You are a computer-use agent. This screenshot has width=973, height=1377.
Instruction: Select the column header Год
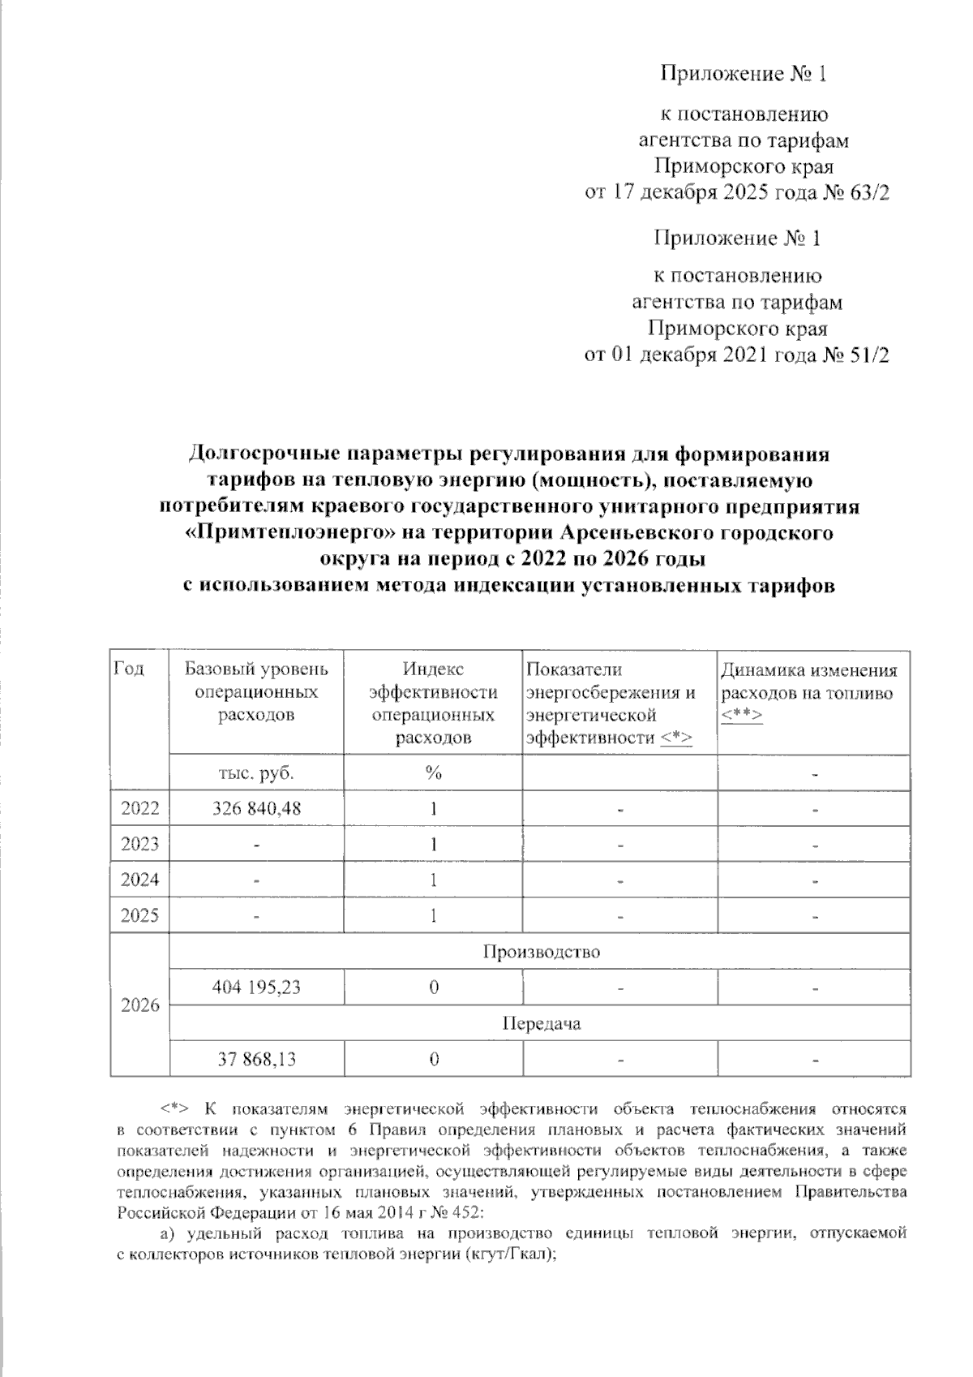[x=129, y=669]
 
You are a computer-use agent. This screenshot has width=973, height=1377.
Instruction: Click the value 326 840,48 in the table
[x=255, y=808]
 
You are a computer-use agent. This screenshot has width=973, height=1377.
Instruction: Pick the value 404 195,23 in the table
[x=255, y=987]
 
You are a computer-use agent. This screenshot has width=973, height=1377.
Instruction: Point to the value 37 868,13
[x=255, y=1058]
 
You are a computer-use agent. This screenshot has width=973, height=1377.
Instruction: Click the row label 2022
[x=139, y=808]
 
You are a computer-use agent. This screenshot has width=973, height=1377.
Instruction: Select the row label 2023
[x=139, y=844]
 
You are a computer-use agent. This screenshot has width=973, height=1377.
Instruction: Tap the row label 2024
[x=139, y=880]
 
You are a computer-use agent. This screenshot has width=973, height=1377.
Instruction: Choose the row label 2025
[x=139, y=915]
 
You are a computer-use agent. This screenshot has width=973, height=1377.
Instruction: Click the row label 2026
[x=139, y=1006]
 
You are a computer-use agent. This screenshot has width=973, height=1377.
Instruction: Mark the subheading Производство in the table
[x=541, y=951]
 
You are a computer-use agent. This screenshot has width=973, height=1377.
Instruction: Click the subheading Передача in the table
[x=541, y=1023]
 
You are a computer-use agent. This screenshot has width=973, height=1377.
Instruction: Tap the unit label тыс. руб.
[x=255, y=772]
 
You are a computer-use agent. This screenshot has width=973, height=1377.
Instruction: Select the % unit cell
[x=434, y=772]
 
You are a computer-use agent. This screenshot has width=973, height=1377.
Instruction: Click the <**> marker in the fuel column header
[x=741, y=715]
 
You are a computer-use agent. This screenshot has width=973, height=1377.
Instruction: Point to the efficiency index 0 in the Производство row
[x=434, y=987]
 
